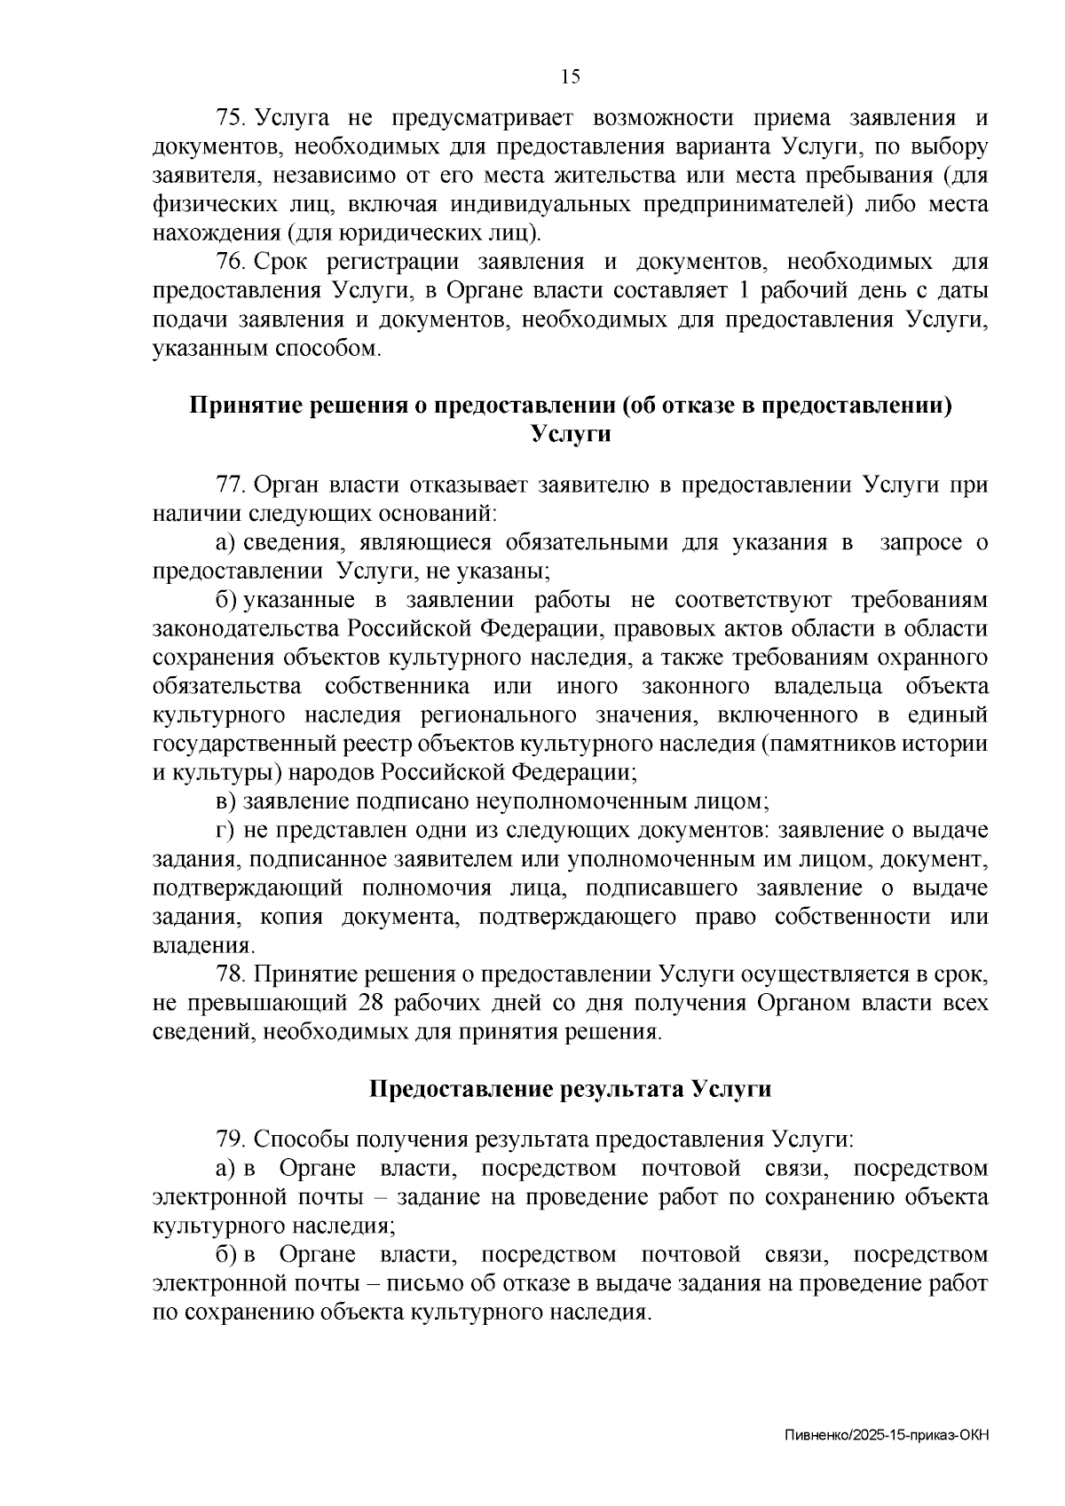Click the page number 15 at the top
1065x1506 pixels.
571,77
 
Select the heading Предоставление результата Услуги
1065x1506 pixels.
570,1089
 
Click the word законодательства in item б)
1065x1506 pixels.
246,629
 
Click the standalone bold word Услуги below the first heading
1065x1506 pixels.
571,435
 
